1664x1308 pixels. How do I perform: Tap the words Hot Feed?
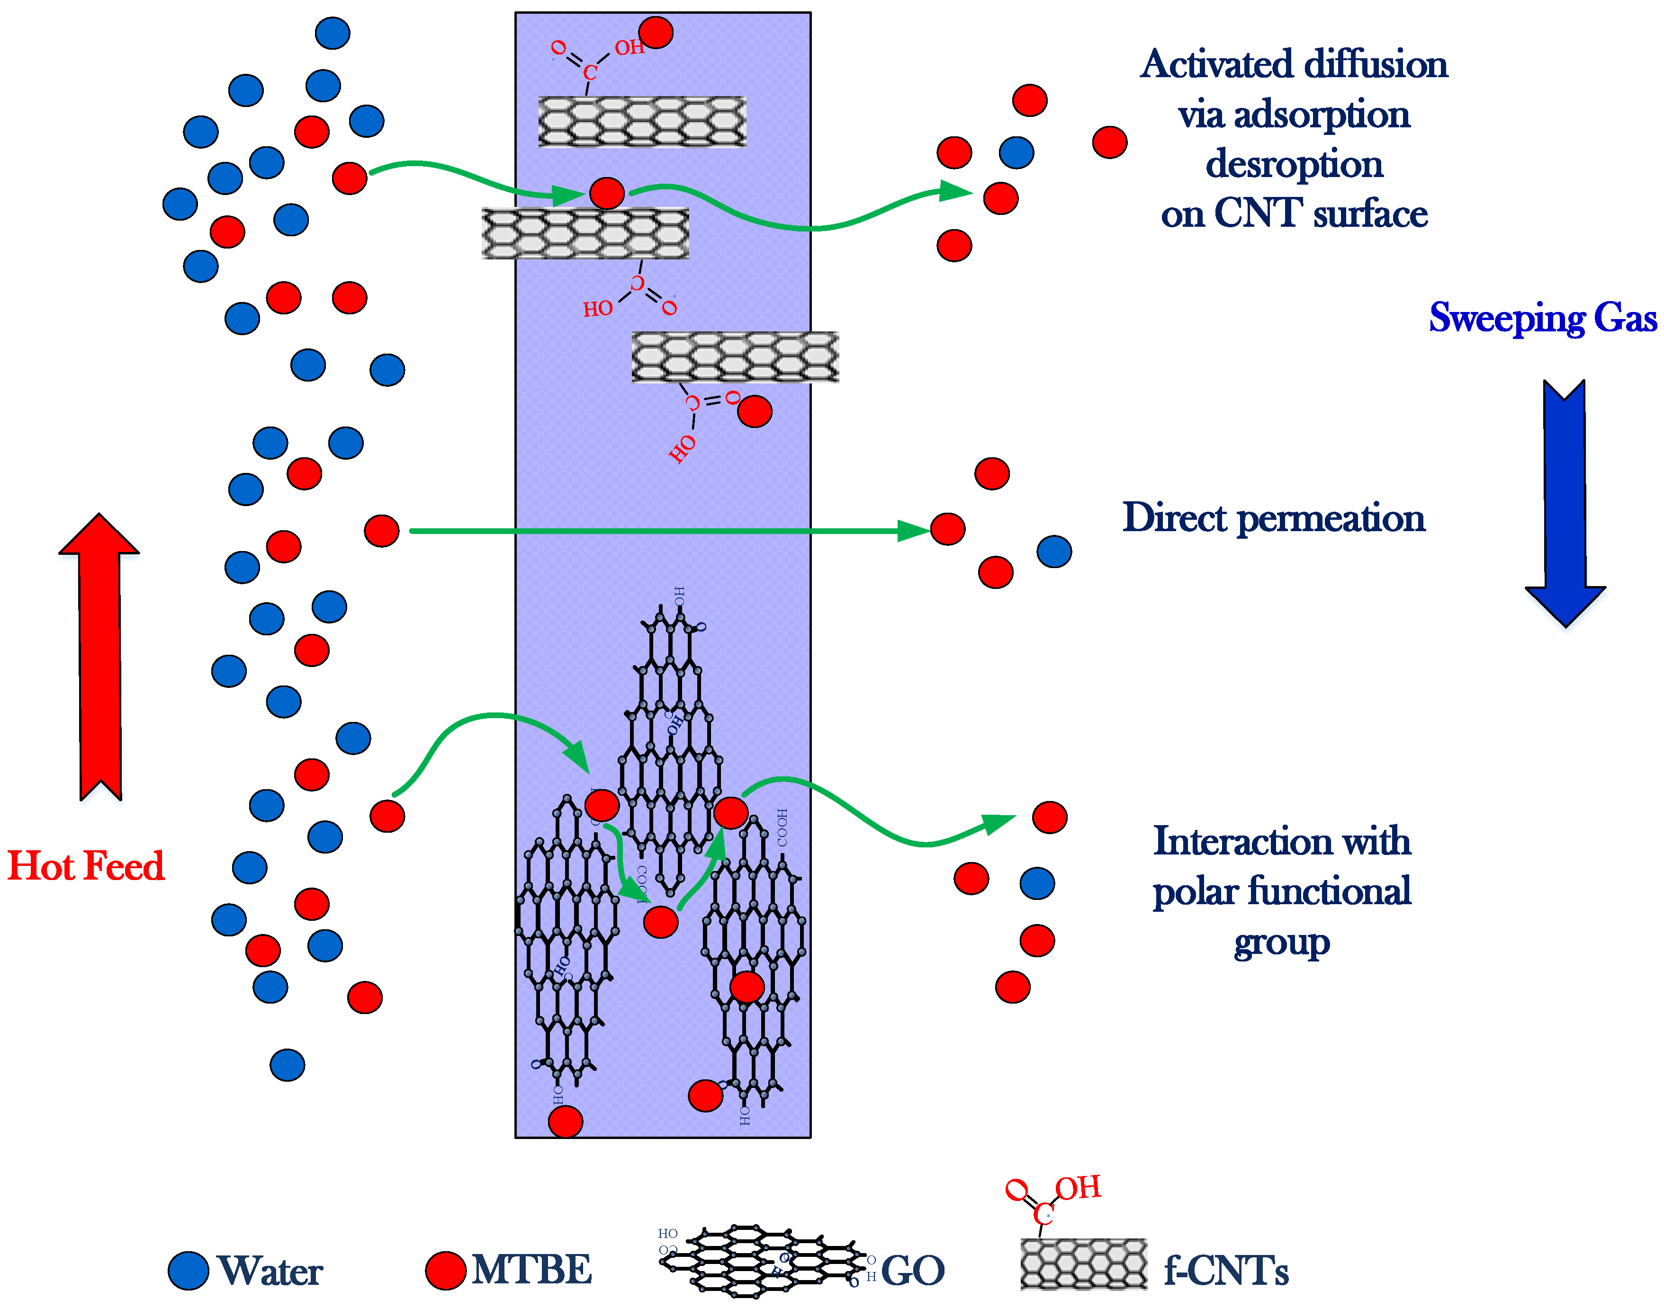[86, 866]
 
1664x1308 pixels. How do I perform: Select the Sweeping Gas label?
[1542, 318]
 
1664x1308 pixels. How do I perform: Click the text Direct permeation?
[1273, 518]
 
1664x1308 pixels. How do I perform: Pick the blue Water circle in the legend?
[189, 1271]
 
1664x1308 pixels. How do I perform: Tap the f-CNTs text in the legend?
[1226, 1271]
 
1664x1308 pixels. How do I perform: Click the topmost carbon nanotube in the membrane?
[642, 121]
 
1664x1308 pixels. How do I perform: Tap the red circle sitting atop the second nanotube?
[607, 193]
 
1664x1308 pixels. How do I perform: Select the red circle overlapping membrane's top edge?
[656, 32]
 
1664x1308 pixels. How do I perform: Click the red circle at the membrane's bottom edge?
[566, 1122]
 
